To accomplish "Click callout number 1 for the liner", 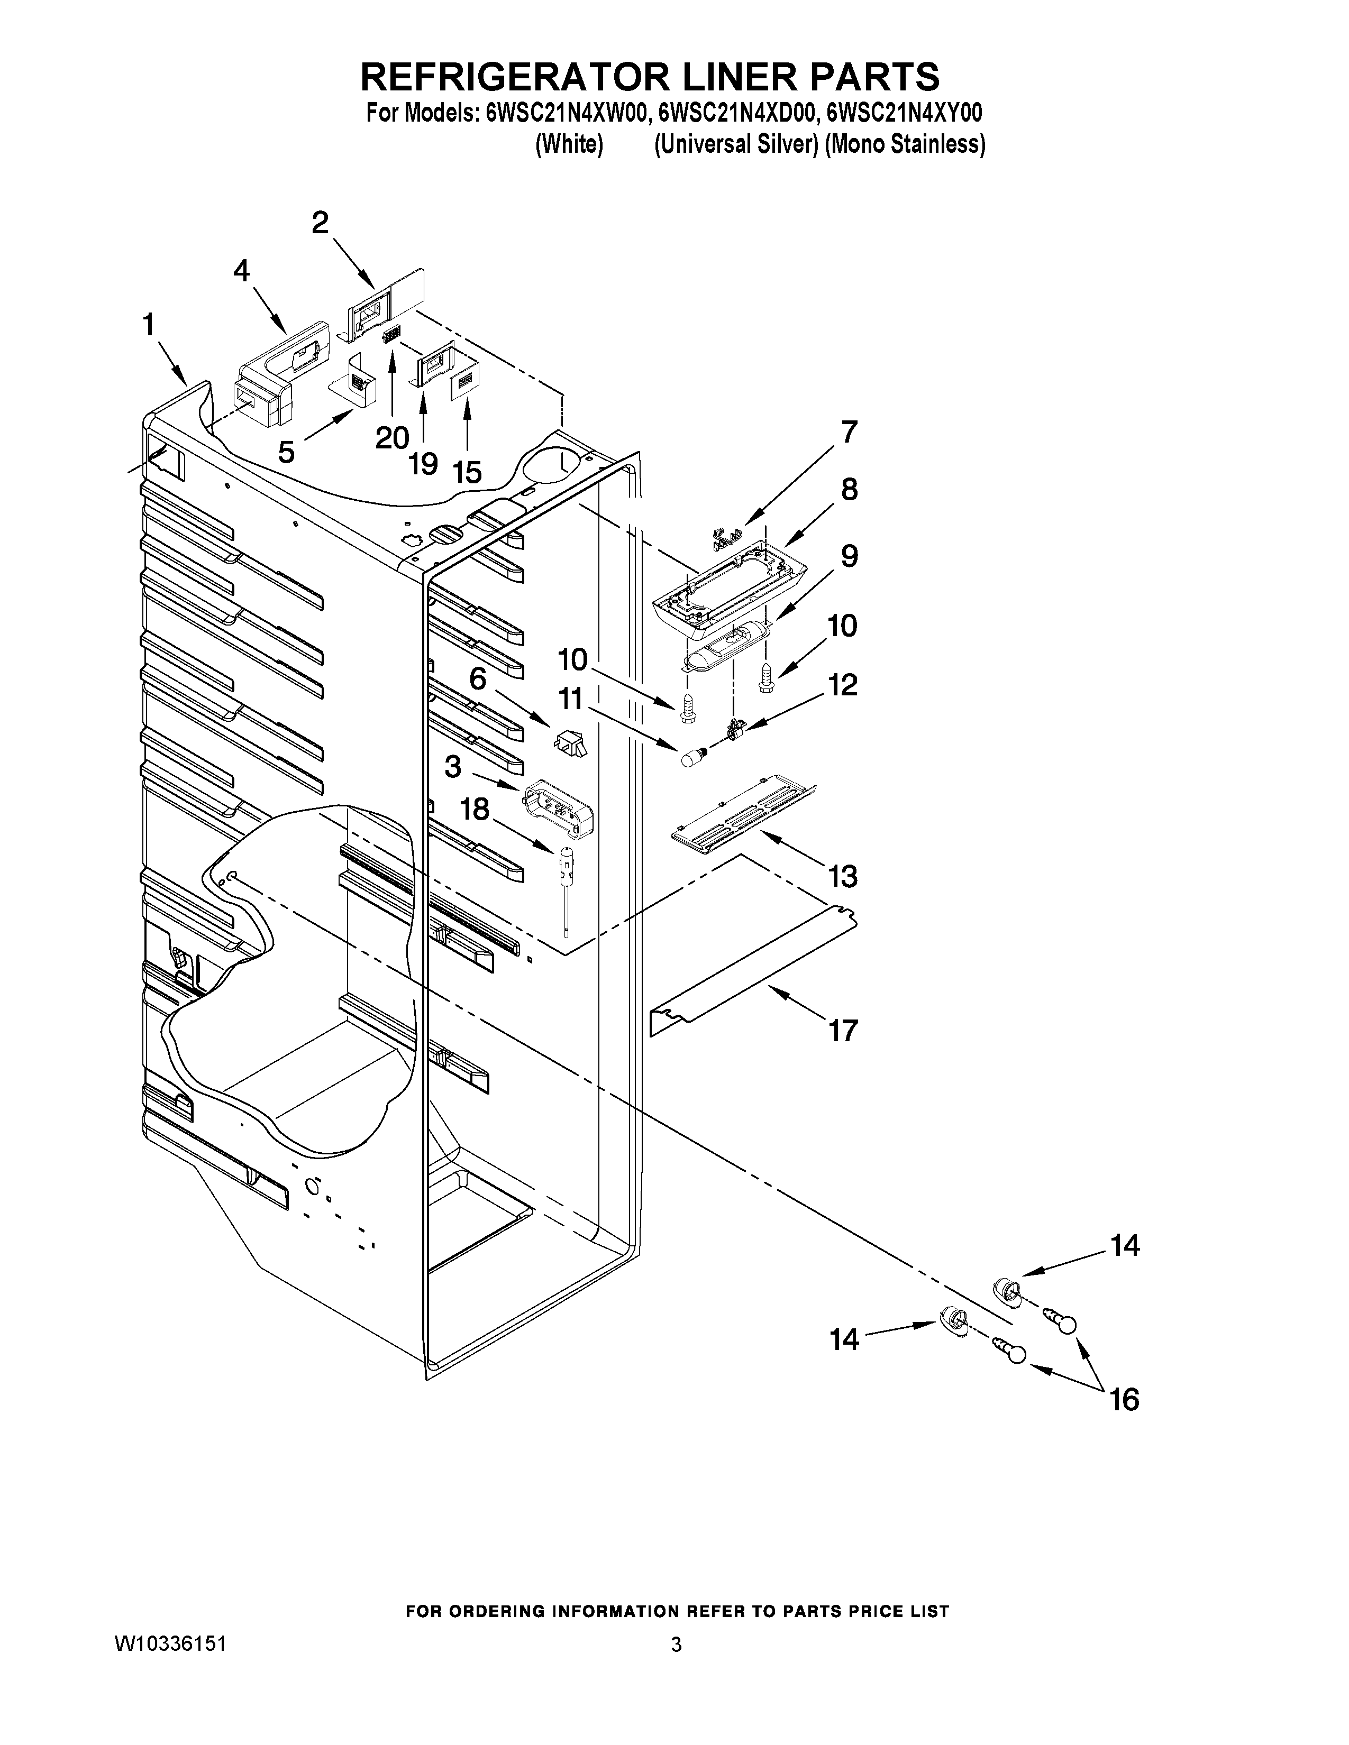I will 149,326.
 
